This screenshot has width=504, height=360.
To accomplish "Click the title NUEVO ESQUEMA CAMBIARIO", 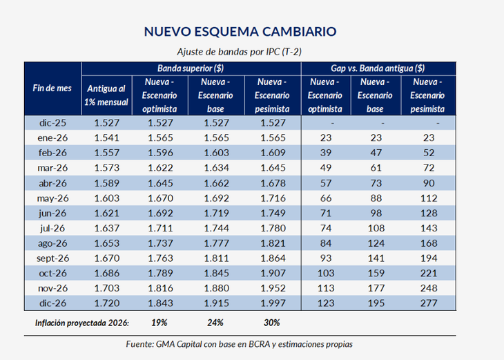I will [241, 32].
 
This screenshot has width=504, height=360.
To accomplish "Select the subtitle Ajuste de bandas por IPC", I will [241, 52].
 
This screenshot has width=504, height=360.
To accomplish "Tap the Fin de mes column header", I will [52, 88].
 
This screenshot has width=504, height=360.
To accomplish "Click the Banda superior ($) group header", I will [190, 68].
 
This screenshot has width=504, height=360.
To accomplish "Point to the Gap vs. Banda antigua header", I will [378, 68].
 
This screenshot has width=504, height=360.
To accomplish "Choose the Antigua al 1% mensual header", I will [106, 95].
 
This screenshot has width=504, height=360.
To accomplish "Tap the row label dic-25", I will [52, 122].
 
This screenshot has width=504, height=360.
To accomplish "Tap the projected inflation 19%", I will [160, 322].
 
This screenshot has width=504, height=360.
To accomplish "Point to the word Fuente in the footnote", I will [142, 343].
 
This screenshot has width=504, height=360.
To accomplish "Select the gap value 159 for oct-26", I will [376, 274].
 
